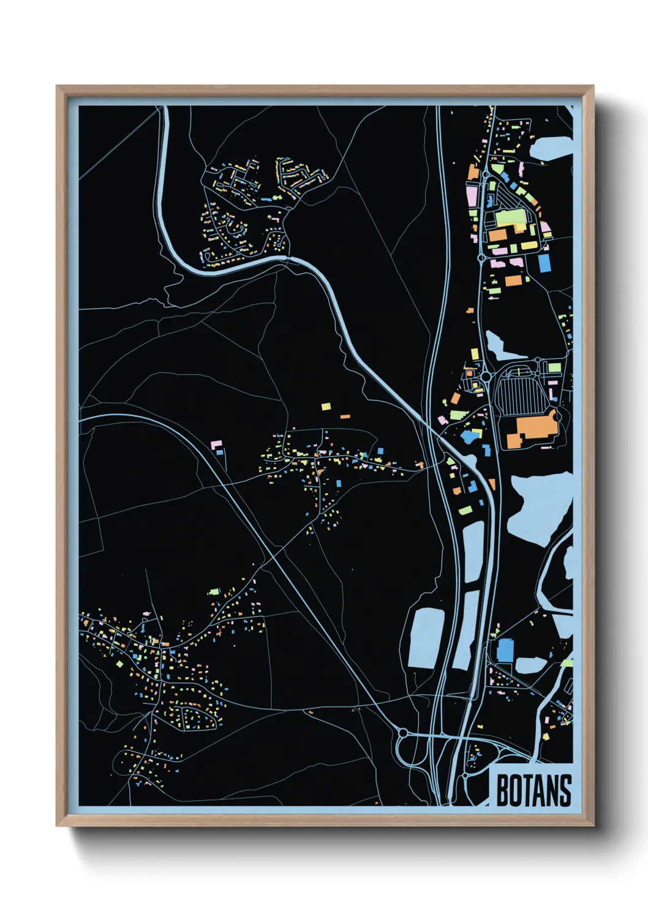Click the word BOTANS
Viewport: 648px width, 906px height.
(533, 790)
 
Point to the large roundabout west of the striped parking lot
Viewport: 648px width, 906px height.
(485, 376)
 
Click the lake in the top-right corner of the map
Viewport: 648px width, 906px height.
(551, 148)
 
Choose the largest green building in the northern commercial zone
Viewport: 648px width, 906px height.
(511, 217)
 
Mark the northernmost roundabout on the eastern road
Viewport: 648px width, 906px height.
(486, 174)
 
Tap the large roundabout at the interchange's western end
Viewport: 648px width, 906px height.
(403, 732)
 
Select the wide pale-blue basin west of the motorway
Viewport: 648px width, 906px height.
(426, 637)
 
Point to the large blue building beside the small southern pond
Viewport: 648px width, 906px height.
(505, 650)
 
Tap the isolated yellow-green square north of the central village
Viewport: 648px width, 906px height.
(326, 406)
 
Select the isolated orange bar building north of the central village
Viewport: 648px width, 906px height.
(345, 416)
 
